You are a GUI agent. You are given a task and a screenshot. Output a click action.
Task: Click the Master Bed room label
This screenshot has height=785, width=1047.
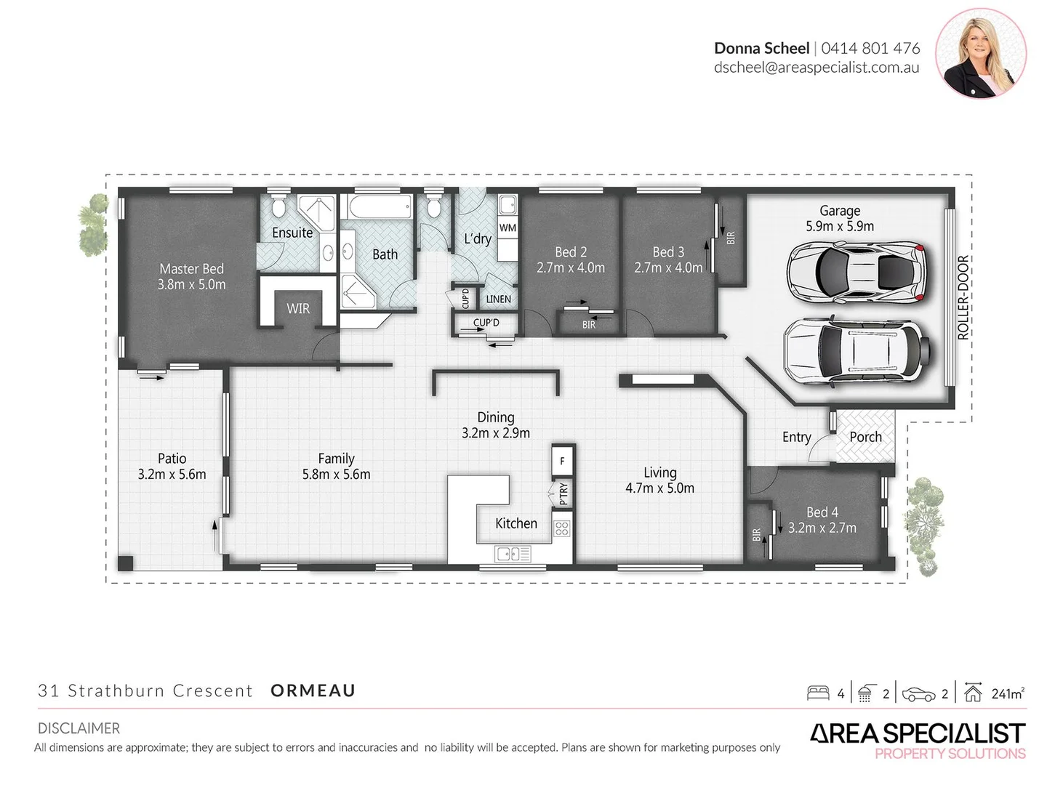pos(192,269)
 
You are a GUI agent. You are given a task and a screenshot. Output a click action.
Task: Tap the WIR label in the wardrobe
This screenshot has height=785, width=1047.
pos(298,309)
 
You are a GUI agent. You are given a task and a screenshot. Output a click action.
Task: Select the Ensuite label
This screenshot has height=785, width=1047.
pos(292,233)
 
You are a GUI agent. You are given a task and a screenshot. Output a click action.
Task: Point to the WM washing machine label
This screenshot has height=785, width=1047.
pos(508,228)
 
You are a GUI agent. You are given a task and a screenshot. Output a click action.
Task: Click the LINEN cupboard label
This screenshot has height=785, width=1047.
pos(498,299)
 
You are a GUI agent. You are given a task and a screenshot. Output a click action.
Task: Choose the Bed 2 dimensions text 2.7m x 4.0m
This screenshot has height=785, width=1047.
pos(571,268)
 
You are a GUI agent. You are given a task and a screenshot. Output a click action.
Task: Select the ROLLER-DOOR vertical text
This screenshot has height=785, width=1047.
pos(963,298)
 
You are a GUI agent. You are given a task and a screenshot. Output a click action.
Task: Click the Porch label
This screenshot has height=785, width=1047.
pos(865,437)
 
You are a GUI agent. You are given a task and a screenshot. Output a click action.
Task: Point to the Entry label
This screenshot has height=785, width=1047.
pos(796,437)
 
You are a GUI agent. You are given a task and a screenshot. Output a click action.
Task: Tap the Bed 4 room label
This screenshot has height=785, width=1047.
pos(822,512)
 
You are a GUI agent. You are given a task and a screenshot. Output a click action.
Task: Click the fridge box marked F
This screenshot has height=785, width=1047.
pos(562,461)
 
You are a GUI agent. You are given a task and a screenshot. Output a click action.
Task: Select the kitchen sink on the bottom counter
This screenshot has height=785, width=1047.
pos(513,554)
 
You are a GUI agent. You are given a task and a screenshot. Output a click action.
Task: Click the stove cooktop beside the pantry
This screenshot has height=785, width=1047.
pos(561,528)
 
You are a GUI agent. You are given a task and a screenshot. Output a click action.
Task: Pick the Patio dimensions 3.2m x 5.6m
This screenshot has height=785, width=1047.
pos(172,475)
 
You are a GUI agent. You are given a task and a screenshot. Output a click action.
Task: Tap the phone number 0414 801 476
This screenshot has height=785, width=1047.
pos(870,48)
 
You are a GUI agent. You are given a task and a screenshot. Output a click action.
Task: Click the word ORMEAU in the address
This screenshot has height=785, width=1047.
pos(313,691)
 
